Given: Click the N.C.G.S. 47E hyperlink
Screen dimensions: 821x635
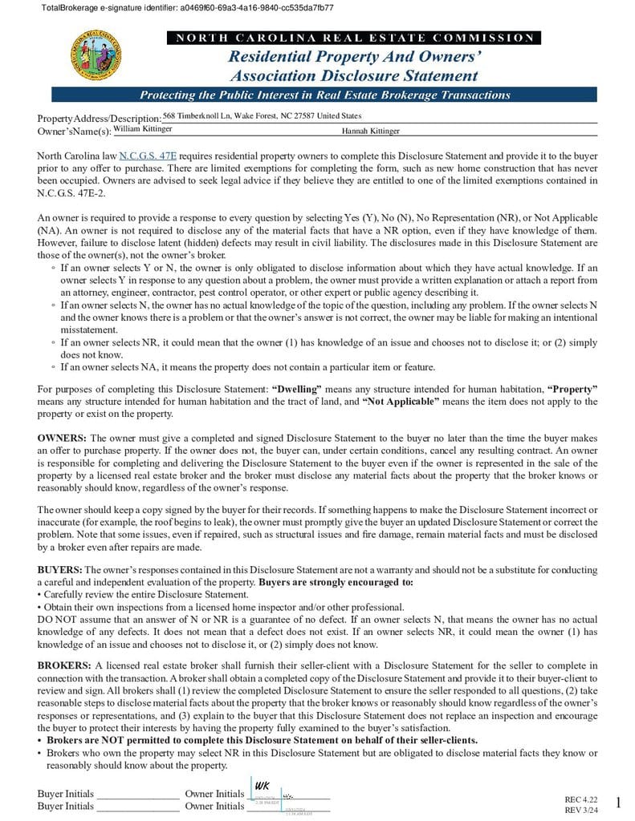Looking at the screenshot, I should click(148, 156).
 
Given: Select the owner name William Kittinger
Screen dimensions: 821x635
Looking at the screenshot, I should click(142, 128).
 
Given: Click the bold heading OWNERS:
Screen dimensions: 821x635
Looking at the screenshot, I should click(62, 439).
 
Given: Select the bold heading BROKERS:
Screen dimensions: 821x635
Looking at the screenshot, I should click(64, 665).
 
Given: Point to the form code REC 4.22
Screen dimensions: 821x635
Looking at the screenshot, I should click(582, 799).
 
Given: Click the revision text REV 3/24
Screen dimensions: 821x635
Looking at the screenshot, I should click(582, 810).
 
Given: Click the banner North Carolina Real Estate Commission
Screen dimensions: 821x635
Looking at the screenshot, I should click(354, 38).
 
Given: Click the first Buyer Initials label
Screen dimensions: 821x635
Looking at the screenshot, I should click(66, 794).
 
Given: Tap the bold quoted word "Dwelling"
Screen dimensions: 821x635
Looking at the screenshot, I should click(296, 389).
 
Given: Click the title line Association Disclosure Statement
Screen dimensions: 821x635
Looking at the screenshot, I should click(354, 76).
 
